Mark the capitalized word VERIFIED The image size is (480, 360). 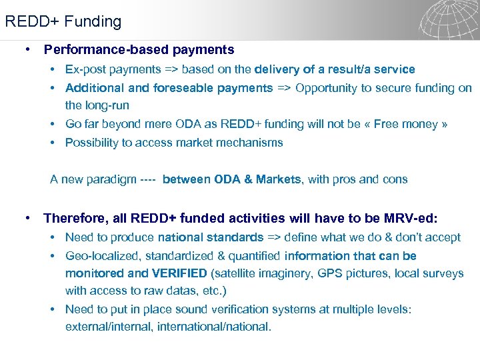tap(179, 273)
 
